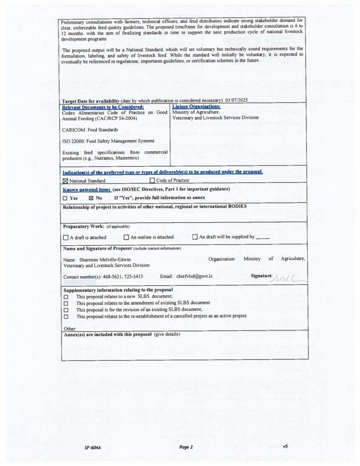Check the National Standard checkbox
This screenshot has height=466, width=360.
point(65,181)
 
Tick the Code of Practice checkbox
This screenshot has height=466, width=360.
point(152,181)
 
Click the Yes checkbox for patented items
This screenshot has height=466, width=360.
point(65,198)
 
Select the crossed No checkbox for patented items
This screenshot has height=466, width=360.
point(91,198)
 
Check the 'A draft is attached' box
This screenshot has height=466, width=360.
point(66,237)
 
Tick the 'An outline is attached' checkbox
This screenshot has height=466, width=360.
point(127,237)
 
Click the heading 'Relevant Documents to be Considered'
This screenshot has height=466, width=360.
point(103,107)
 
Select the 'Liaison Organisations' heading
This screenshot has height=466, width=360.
point(190,106)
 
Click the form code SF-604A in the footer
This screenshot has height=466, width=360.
point(92,447)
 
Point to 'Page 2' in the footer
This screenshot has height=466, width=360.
point(186,447)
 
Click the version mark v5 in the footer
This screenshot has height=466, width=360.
point(285,446)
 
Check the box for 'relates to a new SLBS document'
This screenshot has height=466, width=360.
point(66,296)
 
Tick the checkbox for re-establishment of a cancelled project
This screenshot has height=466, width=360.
point(66,316)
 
